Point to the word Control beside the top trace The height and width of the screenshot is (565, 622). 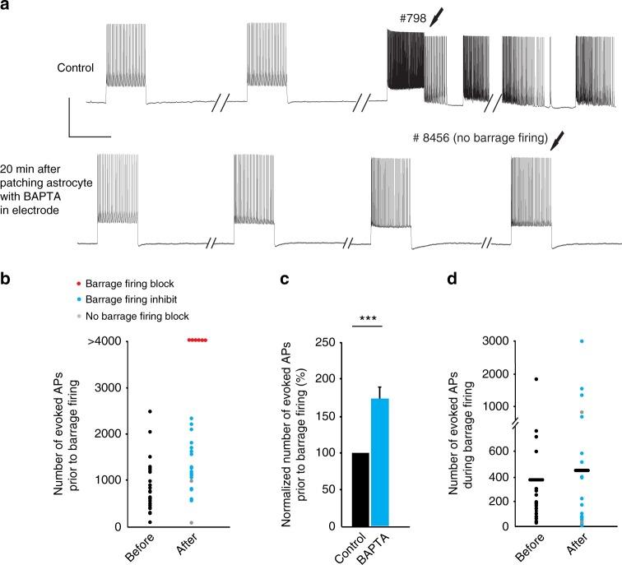pos(77,68)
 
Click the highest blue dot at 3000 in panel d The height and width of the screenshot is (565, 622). pos(582,341)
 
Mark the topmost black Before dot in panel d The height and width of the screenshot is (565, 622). pos(536,379)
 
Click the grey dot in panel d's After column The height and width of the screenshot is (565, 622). pos(582,412)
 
